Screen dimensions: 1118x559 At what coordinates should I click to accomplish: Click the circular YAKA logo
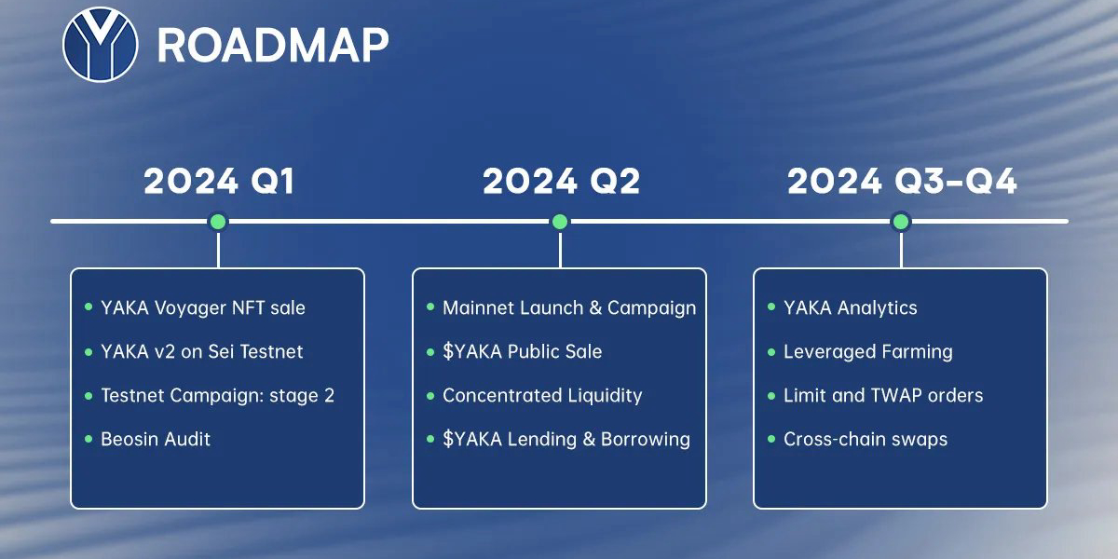coord(101,45)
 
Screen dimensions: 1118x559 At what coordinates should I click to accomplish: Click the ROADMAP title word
coord(273,46)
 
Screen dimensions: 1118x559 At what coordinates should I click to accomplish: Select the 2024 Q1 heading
coord(219,181)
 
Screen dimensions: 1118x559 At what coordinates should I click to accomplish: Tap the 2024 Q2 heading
coord(561,181)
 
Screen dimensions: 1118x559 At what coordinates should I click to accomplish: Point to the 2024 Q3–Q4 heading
coord(902,181)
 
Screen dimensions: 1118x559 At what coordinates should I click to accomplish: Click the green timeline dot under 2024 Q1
coord(218,222)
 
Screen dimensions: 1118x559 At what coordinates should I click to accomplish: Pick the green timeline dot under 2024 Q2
coord(560,222)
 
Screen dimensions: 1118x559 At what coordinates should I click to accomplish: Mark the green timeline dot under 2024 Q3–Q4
coord(901,222)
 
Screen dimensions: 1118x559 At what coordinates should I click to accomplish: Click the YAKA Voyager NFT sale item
coord(203,308)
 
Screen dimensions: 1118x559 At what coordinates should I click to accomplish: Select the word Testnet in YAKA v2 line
coord(271,351)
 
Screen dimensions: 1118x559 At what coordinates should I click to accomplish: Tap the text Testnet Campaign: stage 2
coord(218,396)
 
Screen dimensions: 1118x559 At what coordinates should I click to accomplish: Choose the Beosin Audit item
coord(156,439)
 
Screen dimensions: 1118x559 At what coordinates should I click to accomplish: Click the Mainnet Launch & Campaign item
coord(569,308)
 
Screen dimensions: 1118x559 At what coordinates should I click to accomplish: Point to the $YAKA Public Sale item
coord(523,351)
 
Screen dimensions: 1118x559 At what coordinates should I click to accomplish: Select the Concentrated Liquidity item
coord(542,396)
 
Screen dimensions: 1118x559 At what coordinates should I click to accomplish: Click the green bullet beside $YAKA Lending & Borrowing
coord(430,439)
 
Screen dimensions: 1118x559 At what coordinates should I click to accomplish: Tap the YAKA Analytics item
coord(851,308)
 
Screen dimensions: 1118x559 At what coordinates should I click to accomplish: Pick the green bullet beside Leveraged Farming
coord(771,352)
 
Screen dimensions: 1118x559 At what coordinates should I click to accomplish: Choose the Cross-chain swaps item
coord(866,439)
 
